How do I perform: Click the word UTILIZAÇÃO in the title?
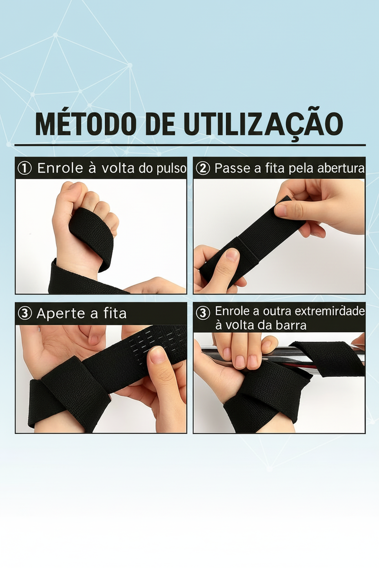(x=263, y=123)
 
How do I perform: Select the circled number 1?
(x=24, y=168)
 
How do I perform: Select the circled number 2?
(x=202, y=168)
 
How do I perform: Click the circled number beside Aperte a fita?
(x=24, y=314)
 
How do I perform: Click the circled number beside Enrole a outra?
(x=202, y=313)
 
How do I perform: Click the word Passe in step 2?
(x=232, y=168)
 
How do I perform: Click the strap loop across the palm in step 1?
(x=91, y=234)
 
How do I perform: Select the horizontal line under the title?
(x=189, y=145)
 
